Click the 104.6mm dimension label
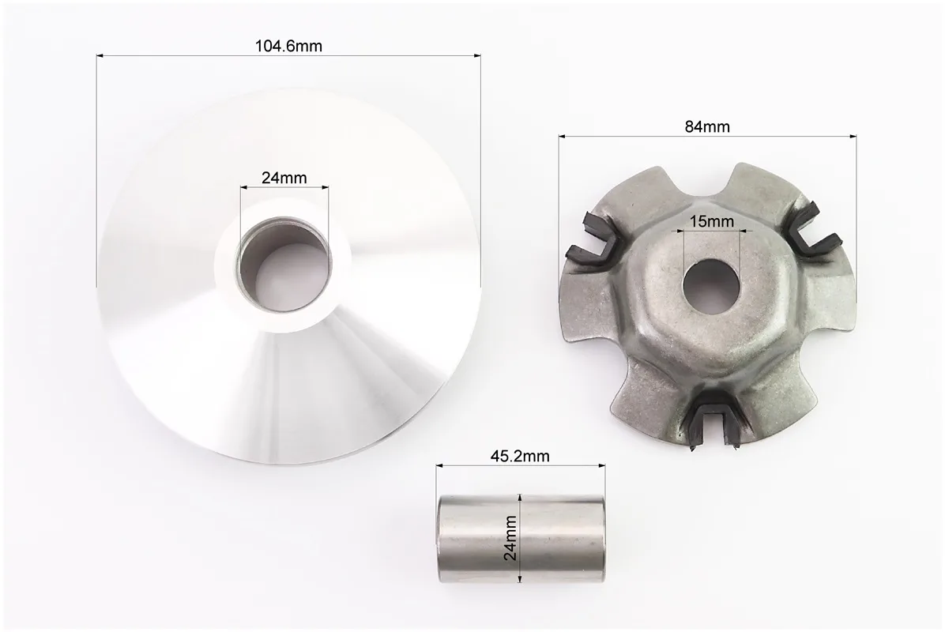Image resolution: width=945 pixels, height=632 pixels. click(288, 46)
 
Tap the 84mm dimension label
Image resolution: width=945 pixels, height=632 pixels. click(707, 126)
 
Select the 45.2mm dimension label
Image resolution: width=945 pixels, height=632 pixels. click(520, 456)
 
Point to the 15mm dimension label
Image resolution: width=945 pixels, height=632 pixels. click(712, 222)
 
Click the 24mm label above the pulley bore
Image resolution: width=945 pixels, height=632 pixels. click(284, 178)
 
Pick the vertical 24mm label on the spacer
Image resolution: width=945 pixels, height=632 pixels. click(511, 538)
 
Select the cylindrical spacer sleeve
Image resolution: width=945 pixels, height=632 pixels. click(521, 539)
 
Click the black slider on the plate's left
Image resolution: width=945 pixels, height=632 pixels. click(589, 240)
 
